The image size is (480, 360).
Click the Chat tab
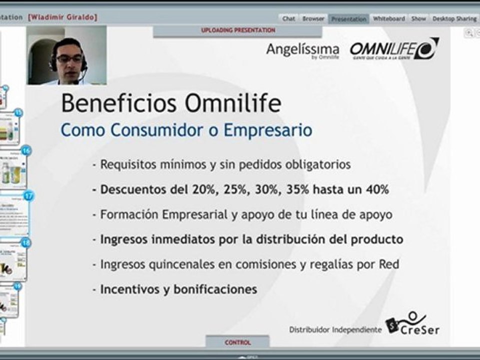[288, 18]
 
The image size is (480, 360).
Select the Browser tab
[313, 18]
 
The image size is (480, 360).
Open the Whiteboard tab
[389, 18]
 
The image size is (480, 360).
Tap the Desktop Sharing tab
[454, 18]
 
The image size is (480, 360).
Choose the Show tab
[418, 18]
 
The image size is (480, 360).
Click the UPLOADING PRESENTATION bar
[238, 30]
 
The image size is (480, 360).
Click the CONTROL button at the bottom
[237, 342]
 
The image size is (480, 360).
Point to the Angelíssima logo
[302, 50]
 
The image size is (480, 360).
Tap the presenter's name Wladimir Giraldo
[63, 17]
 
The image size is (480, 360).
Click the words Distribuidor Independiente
[335, 329]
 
